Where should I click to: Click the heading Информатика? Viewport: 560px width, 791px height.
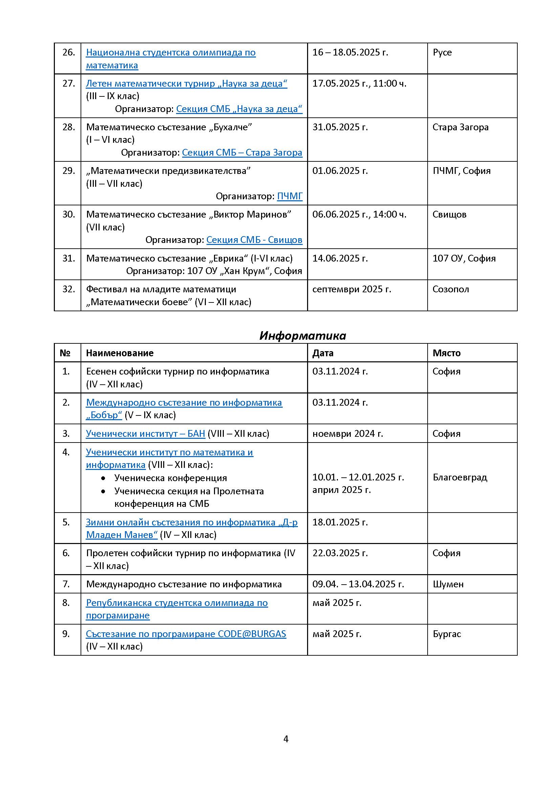[302, 336]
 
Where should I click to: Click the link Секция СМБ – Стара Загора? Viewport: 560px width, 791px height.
[242, 152]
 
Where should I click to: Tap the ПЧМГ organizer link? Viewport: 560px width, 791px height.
[290, 196]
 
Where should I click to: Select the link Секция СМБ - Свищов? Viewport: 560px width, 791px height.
[254, 240]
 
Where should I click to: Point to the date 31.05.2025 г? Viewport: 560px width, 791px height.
[340, 127]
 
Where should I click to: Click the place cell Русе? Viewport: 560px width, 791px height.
[442, 52]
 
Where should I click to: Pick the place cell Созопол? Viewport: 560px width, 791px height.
[451, 289]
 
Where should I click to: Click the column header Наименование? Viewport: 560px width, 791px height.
[120, 353]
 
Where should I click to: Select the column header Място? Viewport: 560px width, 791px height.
[447, 353]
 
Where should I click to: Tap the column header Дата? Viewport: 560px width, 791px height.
[323, 353]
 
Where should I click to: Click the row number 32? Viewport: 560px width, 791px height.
[69, 289]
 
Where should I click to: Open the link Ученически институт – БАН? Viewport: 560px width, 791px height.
[146, 433]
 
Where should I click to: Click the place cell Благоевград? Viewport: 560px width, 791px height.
[460, 477]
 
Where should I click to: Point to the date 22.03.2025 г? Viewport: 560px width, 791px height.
[340, 553]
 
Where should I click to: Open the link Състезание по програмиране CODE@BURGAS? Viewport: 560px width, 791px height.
[186, 634]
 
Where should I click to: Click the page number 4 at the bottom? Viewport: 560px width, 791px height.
[285, 739]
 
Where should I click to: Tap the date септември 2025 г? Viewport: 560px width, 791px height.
[351, 289]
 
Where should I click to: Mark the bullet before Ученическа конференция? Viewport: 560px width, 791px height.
[103, 478]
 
